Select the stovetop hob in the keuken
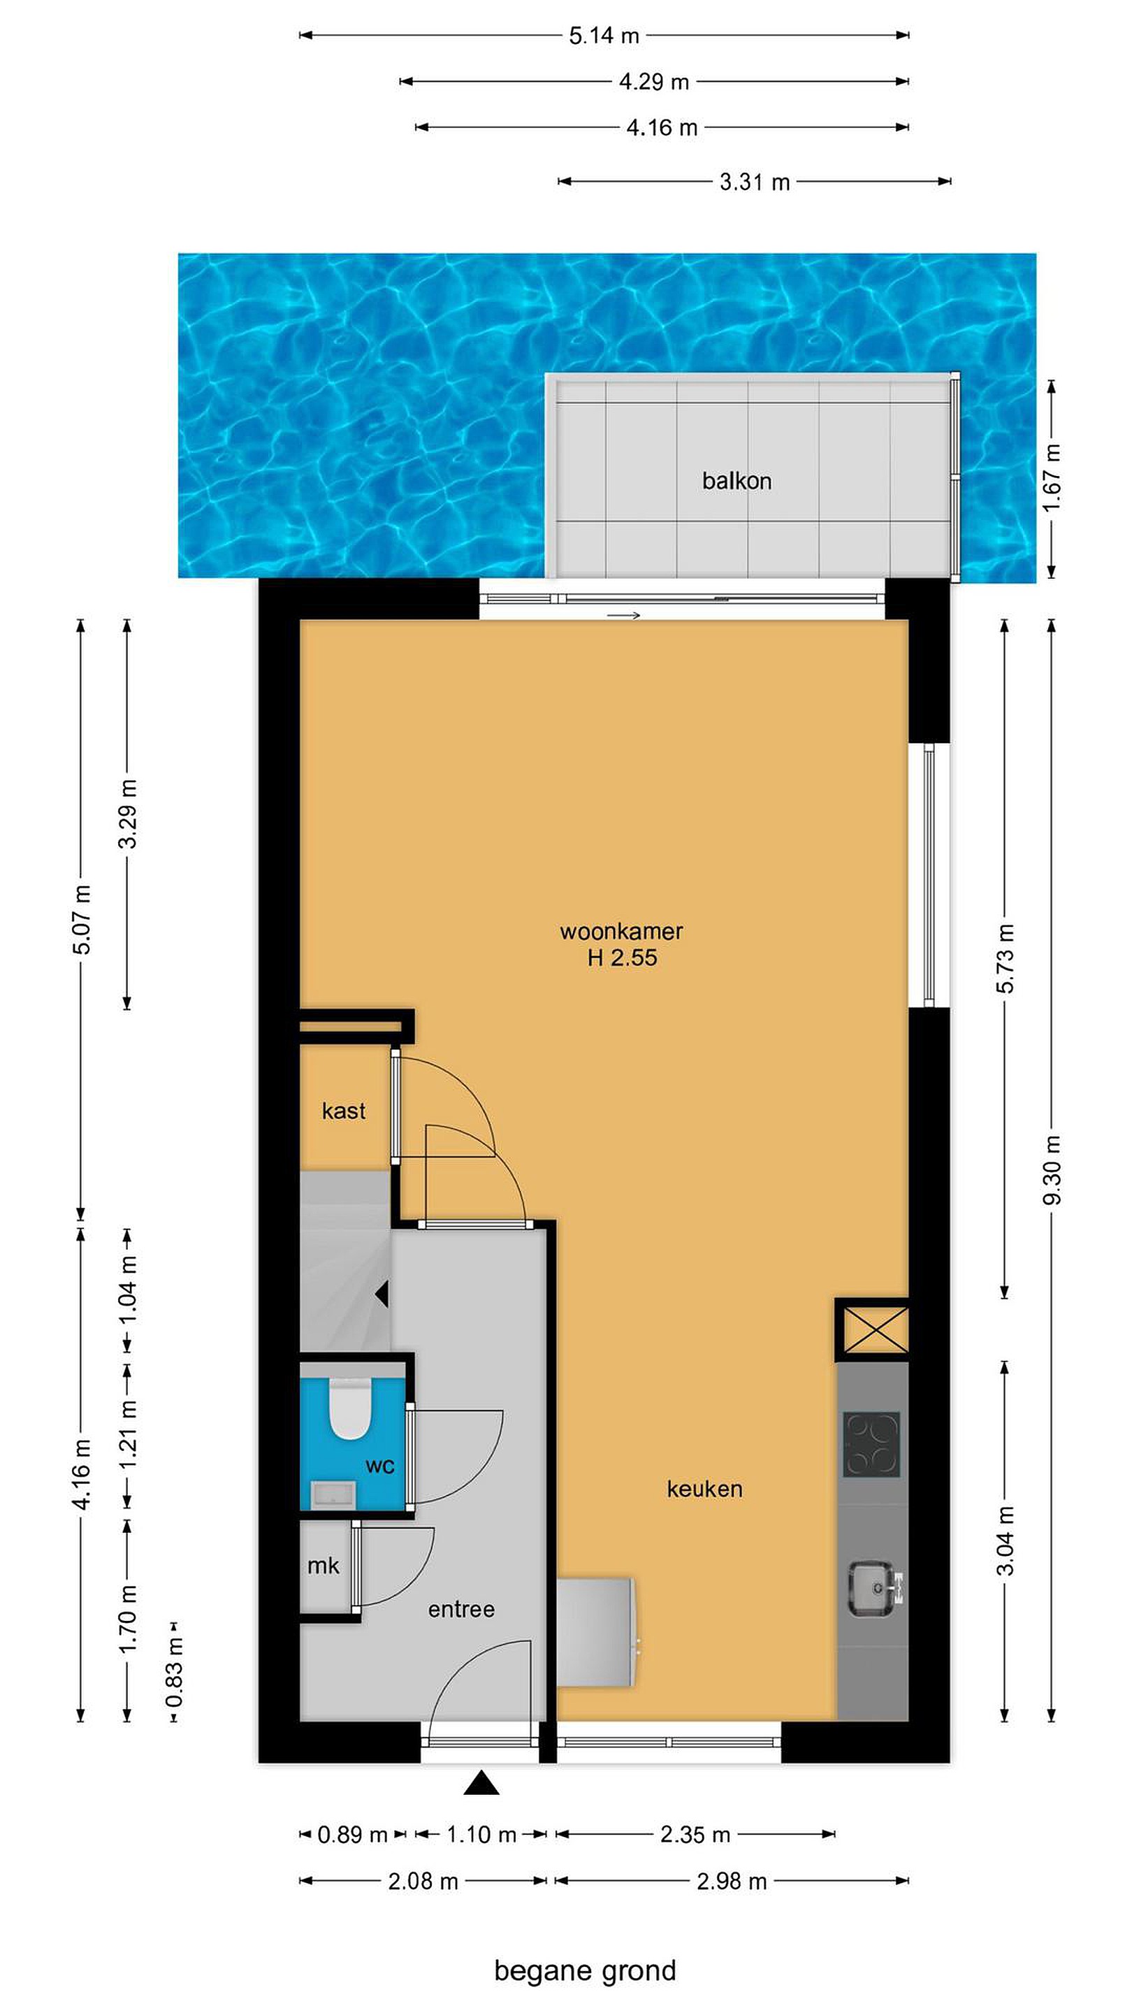(871, 1445)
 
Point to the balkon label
(736, 481)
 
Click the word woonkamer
(621, 932)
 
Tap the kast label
(344, 1111)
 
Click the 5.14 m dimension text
(604, 35)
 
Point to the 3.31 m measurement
(755, 182)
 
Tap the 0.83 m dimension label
(174, 1673)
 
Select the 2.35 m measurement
(695, 1834)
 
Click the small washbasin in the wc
(333, 1494)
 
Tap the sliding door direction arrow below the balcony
(623, 615)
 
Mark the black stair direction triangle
(382, 1295)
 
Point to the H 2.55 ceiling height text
(622, 958)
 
